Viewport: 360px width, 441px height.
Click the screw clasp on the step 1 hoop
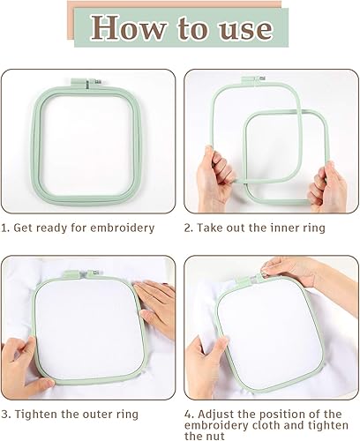[87, 83]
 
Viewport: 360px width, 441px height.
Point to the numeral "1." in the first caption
[5, 228]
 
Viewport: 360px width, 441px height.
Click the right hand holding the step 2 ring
[327, 187]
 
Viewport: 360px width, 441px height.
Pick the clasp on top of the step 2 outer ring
[253, 79]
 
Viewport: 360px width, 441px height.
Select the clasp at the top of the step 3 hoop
[81, 273]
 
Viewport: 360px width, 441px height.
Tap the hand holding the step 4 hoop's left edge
[206, 368]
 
